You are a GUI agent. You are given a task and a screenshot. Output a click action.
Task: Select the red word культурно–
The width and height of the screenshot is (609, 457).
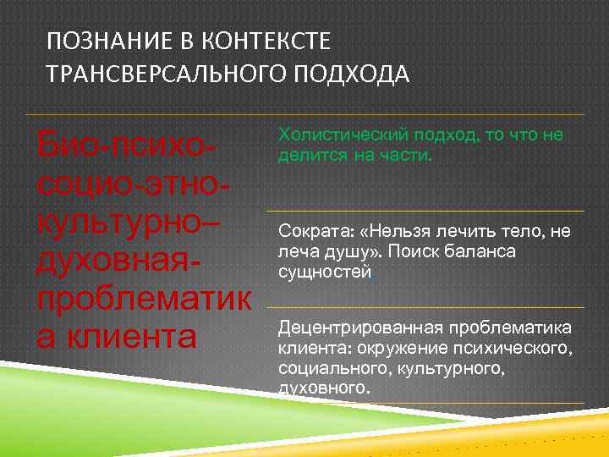pos(127,222)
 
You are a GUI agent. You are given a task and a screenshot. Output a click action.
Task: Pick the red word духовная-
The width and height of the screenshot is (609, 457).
pos(119,260)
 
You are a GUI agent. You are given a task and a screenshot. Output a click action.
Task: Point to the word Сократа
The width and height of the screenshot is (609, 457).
pos(310,232)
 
